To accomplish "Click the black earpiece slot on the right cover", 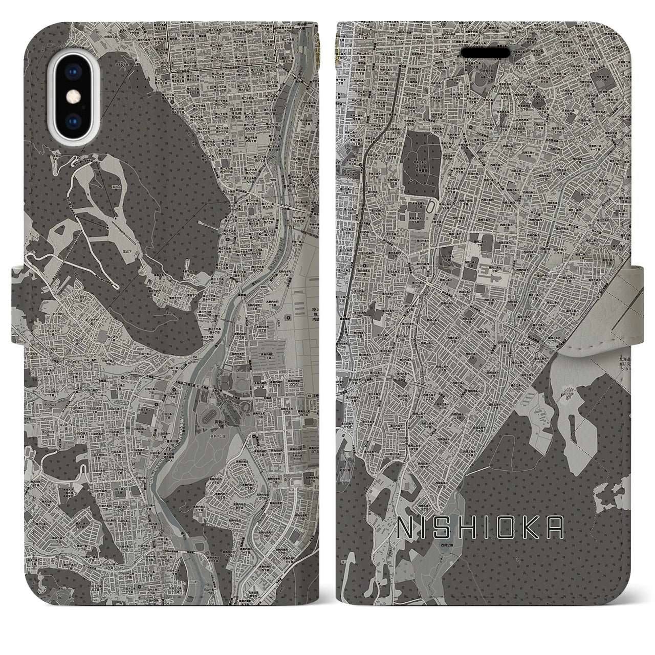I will click(x=486, y=53).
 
